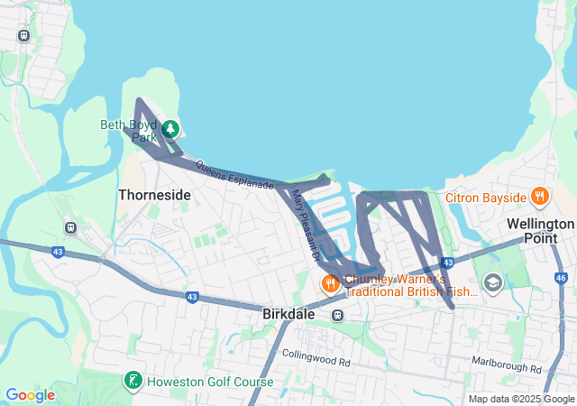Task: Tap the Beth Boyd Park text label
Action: tap(130, 131)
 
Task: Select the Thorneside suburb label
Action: tap(155, 195)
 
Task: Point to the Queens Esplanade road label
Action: tap(234, 175)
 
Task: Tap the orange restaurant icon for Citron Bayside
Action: tap(539, 196)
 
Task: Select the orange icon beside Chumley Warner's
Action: tap(331, 283)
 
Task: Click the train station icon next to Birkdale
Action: tap(337, 315)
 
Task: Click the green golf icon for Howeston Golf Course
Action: tap(133, 382)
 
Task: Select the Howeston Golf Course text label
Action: tap(209, 382)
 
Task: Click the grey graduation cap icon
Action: tap(492, 283)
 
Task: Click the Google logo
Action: tap(30, 395)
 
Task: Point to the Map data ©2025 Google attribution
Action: tap(521, 399)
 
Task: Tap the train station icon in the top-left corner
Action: tap(23, 37)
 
